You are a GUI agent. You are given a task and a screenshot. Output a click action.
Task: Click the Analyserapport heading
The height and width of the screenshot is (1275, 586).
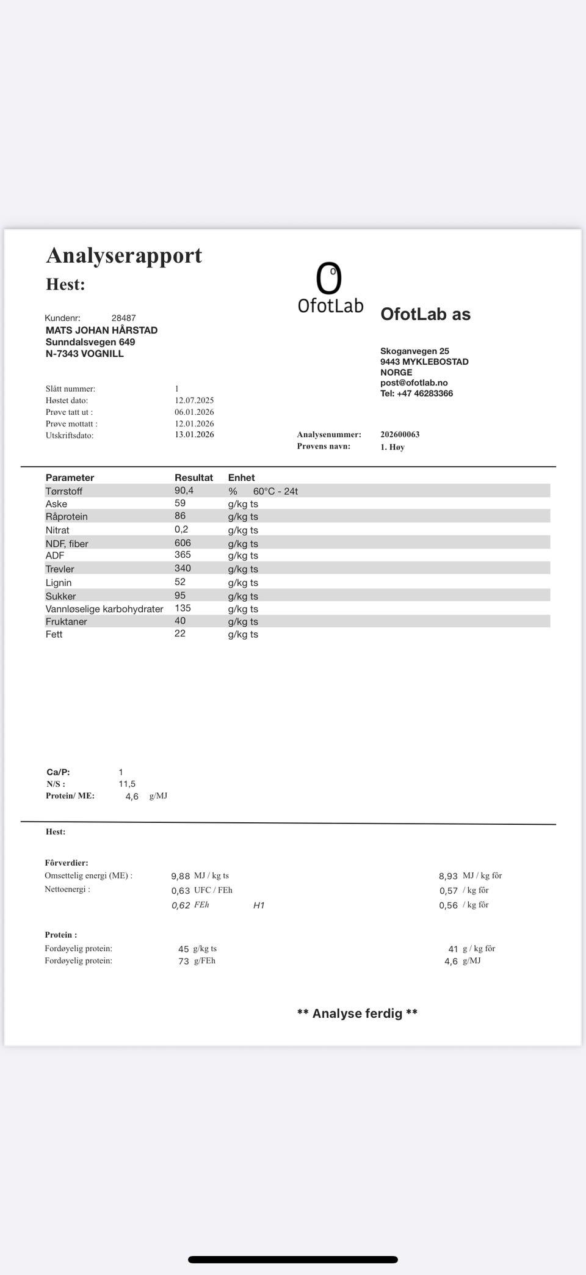[x=124, y=255]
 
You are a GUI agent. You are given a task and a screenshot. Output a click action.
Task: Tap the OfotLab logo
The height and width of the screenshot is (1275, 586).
[x=330, y=288]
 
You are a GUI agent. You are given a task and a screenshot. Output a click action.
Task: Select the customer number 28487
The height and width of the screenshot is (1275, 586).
[x=123, y=318]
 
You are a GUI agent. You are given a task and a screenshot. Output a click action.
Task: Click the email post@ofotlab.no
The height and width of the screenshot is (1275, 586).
[x=414, y=383]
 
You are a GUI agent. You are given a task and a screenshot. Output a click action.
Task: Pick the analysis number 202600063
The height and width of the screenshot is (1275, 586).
[x=400, y=434]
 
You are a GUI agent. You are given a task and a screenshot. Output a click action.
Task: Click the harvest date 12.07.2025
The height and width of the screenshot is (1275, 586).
[x=194, y=400]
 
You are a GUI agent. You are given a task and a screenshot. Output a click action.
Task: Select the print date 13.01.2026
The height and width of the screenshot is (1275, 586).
[x=194, y=434]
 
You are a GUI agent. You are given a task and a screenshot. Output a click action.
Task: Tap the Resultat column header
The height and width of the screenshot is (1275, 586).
[x=194, y=478]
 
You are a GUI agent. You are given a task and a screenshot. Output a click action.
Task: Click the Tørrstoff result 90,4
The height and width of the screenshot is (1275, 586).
[x=184, y=491]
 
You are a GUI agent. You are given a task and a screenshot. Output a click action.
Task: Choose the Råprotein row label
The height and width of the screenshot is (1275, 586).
[x=67, y=517]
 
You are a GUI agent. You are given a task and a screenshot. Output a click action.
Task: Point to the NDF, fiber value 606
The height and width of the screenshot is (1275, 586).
[x=183, y=543]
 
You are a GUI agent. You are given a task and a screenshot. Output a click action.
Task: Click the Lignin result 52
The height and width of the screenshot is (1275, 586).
[x=180, y=582]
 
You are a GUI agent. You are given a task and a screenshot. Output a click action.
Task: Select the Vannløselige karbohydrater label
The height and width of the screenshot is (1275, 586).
[x=104, y=609]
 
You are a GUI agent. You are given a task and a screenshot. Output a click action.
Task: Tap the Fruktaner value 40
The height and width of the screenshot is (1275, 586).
[x=180, y=621]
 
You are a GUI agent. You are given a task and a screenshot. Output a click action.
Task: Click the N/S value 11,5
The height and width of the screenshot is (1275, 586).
[x=127, y=784]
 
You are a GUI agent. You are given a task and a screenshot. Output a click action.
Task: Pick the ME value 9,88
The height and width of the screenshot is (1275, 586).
[x=181, y=876]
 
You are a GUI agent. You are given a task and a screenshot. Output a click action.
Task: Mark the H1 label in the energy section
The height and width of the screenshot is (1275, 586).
[x=259, y=905]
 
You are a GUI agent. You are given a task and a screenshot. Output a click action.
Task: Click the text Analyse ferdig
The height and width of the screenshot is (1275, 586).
[x=357, y=1014]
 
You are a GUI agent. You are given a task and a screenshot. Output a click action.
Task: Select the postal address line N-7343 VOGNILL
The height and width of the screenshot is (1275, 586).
[x=85, y=354]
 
